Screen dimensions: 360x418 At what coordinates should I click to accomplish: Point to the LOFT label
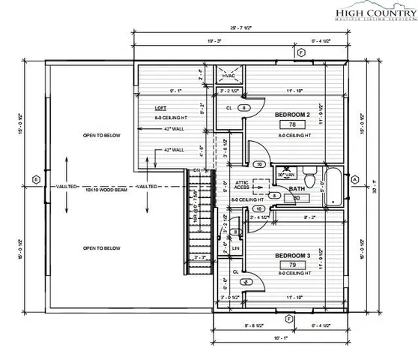pyautogui.click(x=160, y=108)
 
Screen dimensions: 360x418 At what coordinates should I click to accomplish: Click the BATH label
pyautogui.click(x=297, y=189)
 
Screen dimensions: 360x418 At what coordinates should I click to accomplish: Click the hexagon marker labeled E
pyautogui.click(x=35, y=179)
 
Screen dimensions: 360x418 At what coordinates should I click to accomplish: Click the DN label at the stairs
pyautogui.click(x=198, y=169)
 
